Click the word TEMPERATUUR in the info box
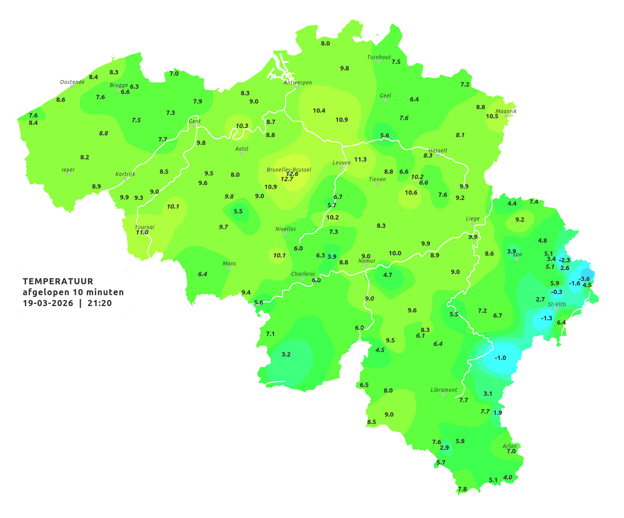point(58,281)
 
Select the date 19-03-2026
point(48,303)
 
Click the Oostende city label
point(72,82)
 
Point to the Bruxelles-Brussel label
point(289,169)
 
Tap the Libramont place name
point(443,390)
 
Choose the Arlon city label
point(509,446)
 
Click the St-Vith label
point(556,304)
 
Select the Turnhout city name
point(378,57)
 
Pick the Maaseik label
point(506,111)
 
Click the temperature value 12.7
point(287,179)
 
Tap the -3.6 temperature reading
point(584,279)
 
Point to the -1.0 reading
point(500,358)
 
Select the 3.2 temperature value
point(286,354)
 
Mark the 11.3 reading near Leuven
point(360,159)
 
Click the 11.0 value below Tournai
point(142,232)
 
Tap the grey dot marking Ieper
point(68,174)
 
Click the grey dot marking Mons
point(229,268)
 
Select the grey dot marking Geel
point(385,100)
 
